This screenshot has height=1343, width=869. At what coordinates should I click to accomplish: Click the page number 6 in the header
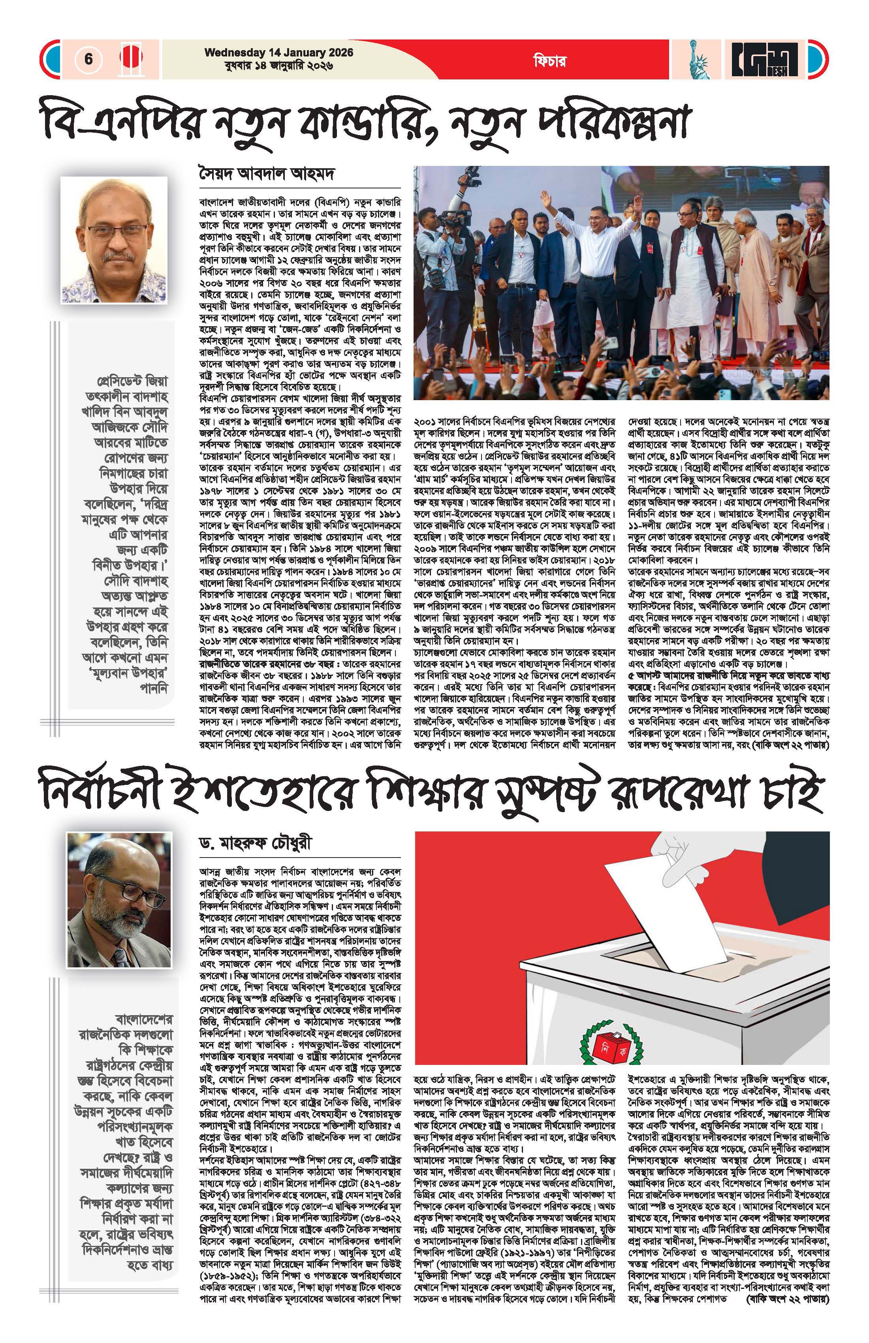(88, 59)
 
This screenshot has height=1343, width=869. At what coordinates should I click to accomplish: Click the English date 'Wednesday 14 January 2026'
(279, 53)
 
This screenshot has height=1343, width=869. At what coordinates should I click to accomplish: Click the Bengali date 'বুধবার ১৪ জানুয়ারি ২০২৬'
(279, 66)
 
